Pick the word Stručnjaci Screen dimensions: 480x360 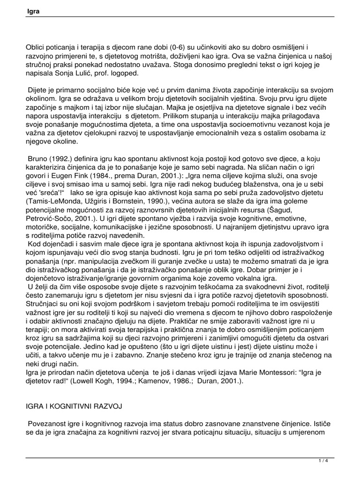(46, 306)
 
